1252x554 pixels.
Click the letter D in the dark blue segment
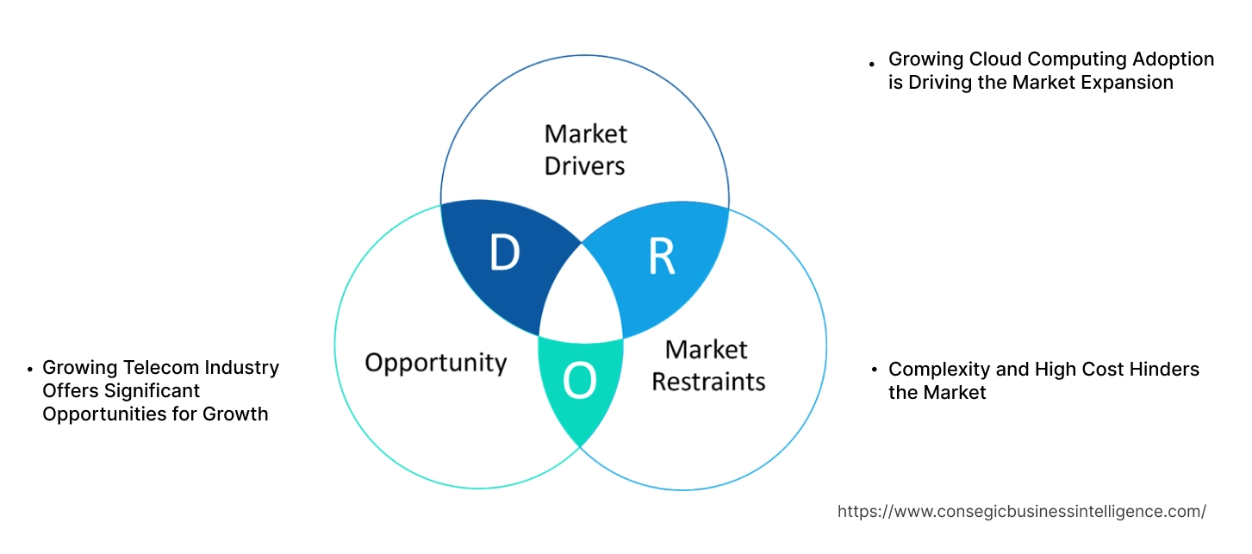point(504,252)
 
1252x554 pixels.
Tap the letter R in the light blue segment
point(662,257)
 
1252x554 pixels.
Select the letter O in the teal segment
point(580,382)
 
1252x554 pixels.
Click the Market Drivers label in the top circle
point(585,149)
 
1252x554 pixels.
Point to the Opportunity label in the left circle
point(435,362)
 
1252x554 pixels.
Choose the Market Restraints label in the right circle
point(707,364)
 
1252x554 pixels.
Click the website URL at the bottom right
point(1021,511)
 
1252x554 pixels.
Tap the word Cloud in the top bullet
point(993,59)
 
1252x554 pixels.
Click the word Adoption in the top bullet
point(1174,59)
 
